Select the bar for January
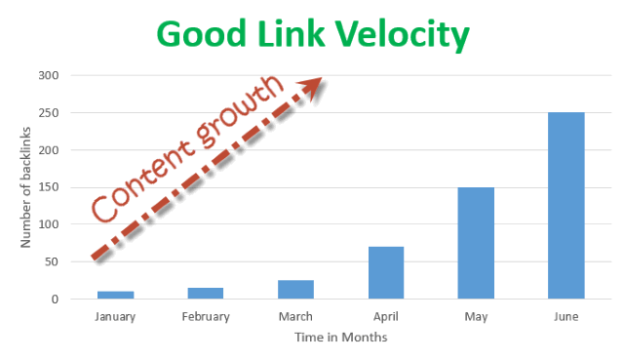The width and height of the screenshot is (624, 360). (x=116, y=295)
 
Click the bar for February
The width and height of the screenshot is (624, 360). (x=206, y=293)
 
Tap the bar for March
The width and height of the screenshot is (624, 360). (x=295, y=289)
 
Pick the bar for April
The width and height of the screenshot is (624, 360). (x=385, y=272)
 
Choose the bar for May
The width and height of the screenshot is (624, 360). (x=475, y=243)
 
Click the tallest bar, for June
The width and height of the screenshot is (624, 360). (x=565, y=206)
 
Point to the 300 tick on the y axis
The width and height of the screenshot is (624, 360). (x=50, y=75)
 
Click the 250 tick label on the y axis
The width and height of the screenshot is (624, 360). (x=50, y=113)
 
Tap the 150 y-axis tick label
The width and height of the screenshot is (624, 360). (x=50, y=187)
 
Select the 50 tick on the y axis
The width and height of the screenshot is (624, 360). (x=53, y=262)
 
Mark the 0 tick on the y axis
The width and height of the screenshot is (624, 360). (x=57, y=300)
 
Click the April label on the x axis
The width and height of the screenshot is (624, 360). (x=385, y=316)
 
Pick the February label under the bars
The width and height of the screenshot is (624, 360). (x=206, y=316)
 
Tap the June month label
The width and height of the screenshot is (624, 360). (x=565, y=316)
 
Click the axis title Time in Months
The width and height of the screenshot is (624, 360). (x=340, y=338)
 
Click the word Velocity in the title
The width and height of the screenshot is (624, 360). (x=398, y=34)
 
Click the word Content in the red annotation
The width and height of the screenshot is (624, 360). (x=134, y=182)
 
